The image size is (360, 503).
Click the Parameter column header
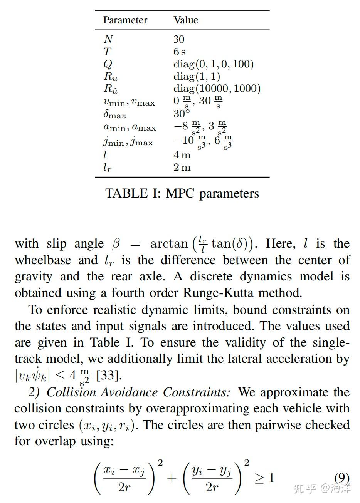125,20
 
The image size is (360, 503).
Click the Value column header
186,20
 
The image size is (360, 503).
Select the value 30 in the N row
179,39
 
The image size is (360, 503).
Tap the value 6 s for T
179,52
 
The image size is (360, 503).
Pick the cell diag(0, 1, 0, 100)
213,64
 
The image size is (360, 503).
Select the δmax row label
115,114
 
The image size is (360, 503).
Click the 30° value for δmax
182,114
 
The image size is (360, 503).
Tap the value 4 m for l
182,155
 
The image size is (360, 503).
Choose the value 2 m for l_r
182,167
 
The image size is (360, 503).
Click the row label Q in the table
108,64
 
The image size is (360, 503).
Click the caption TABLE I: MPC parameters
182,193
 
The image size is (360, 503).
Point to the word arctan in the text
169,244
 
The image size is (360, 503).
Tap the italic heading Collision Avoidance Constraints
138,392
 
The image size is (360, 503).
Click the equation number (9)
341,478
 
